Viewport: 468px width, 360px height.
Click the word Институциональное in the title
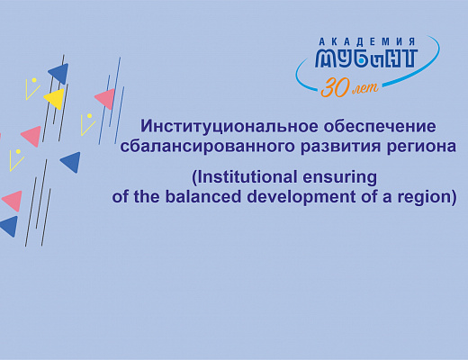pos(229,127)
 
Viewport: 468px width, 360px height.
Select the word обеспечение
pos(380,126)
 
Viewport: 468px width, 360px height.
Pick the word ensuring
pos(340,177)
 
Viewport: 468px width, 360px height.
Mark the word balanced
pos(203,196)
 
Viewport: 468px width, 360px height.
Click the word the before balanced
pos(147,196)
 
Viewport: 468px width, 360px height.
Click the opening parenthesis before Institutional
pos(194,177)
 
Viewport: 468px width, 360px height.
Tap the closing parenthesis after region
pos(453,198)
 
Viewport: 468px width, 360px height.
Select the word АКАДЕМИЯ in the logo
pos(367,41)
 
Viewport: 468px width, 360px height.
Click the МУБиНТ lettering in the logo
pos(366,58)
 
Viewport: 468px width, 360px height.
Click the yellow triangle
pos(55,98)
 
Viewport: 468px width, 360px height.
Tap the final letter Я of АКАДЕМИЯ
pos(412,41)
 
